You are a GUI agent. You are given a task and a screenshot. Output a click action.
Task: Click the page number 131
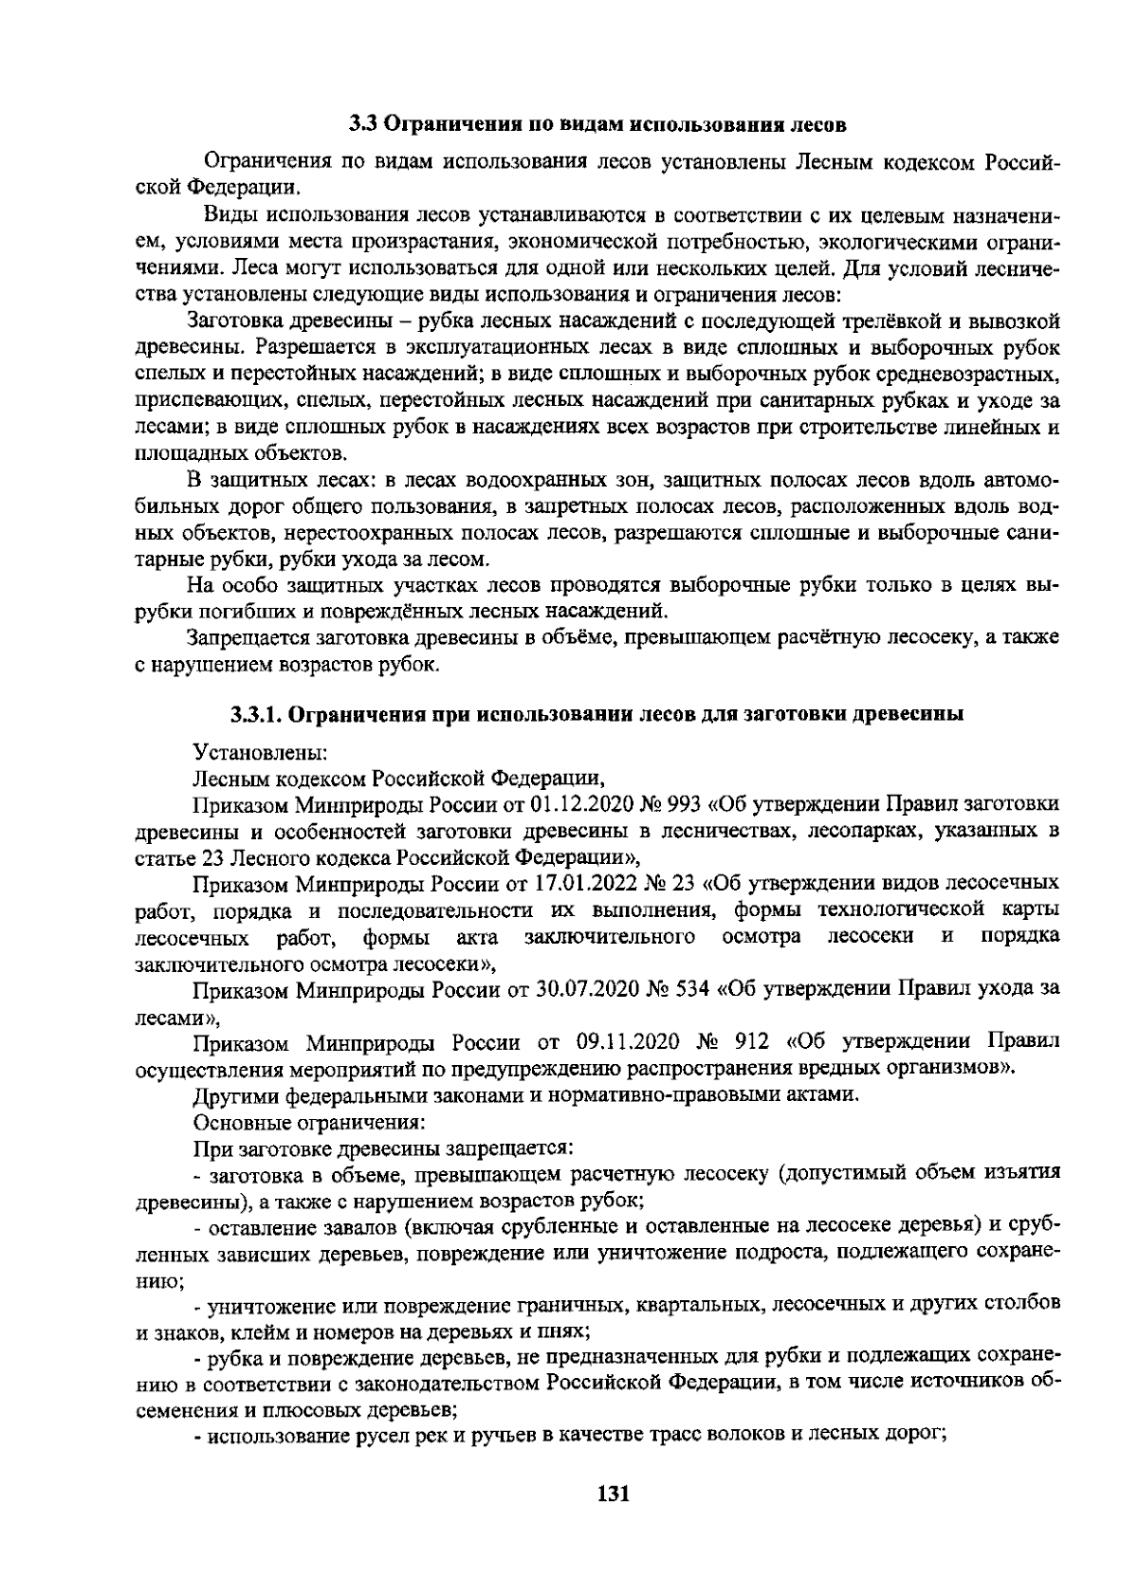tap(614, 1494)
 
